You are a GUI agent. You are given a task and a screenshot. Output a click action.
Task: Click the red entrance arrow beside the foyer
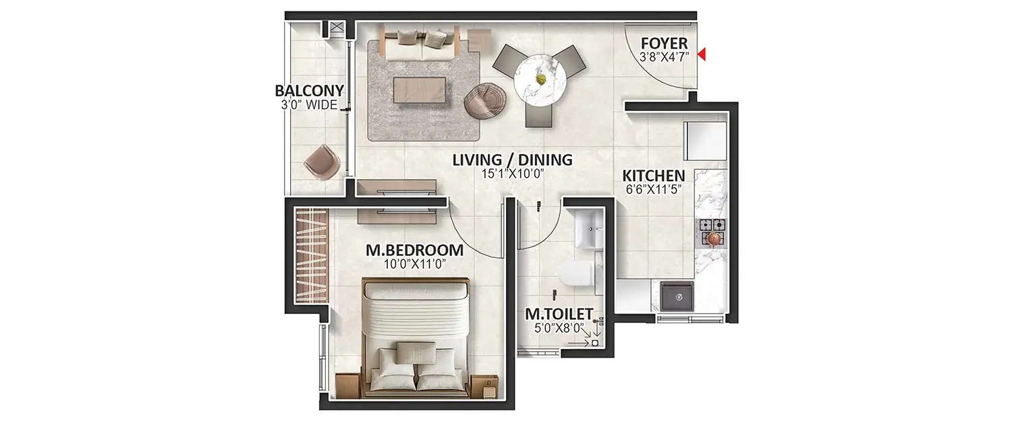click(702, 55)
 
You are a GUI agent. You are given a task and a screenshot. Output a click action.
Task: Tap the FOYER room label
click(664, 44)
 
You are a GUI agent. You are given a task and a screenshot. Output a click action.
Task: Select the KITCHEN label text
click(653, 176)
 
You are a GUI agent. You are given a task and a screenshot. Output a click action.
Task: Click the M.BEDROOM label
click(414, 251)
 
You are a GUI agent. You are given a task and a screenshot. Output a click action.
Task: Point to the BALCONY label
click(310, 91)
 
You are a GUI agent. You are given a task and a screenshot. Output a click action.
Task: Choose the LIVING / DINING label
click(513, 160)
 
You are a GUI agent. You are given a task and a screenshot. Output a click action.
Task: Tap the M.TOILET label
click(559, 315)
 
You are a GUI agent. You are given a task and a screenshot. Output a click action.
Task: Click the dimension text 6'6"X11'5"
click(653, 190)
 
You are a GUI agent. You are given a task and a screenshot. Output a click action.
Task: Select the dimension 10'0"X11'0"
click(414, 265)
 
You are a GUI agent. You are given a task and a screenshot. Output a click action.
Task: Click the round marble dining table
click(540, 79)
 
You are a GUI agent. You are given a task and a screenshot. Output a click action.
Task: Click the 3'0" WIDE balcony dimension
click(310, 105)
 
